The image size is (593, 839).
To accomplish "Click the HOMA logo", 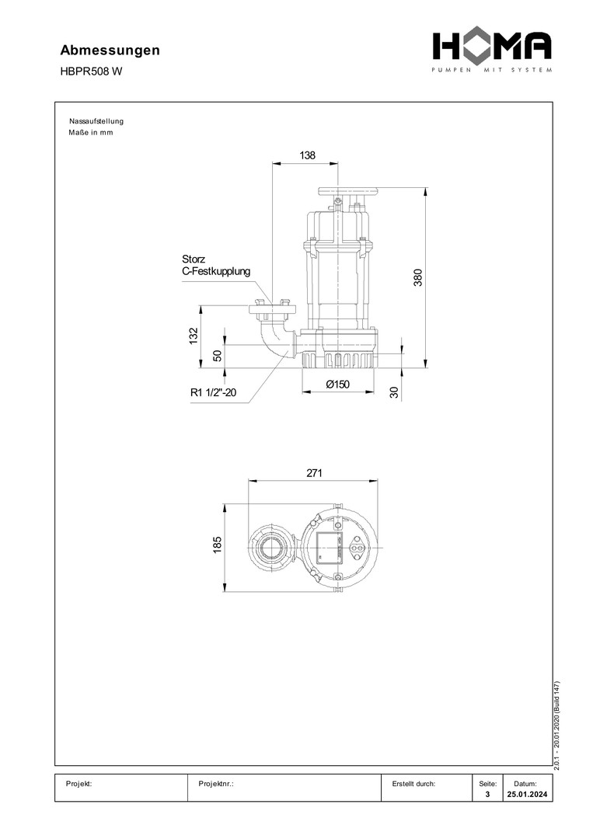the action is click(492, 51).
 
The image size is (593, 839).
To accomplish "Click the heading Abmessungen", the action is click(110, 50).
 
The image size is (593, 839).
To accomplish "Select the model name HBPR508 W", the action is click(91, 71).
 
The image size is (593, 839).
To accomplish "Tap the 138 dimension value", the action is click(307, 155).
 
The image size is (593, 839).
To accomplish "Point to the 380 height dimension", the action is click(418, 277).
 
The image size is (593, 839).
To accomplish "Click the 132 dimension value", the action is click(194, 336).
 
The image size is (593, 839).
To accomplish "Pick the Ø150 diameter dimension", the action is click(338, 385).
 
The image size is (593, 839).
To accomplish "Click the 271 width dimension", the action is click(314, 473).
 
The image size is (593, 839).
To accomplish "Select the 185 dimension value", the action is click(218, 545).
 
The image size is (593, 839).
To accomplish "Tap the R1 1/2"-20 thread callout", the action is click(213, 392).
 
